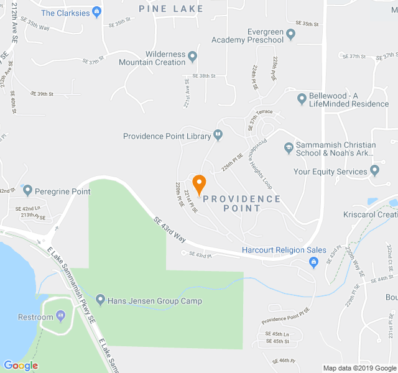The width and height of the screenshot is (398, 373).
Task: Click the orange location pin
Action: tap(199, 185)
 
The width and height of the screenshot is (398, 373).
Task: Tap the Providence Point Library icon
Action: tap(218, 134)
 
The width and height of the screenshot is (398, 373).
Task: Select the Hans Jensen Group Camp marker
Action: tap(100, 301)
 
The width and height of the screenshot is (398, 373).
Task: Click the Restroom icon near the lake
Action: tap(60, 316)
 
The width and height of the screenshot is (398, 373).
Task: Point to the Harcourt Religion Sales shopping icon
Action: tap(314, 262)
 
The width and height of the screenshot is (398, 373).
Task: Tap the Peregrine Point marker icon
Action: tap(27, 190)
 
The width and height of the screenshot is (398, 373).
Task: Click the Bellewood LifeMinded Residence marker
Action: tap(301, 98)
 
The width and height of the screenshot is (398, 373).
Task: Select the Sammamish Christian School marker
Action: tap(289, 148)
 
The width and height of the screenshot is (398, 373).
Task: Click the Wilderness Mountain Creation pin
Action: tap(192, 57)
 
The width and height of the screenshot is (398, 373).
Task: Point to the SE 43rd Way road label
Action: tap(170, 229)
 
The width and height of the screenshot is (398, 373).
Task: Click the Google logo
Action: tap(21, 366)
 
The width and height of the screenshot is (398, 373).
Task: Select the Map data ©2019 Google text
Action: tap(359, 367)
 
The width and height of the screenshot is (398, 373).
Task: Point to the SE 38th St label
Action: tap(203, 76)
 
